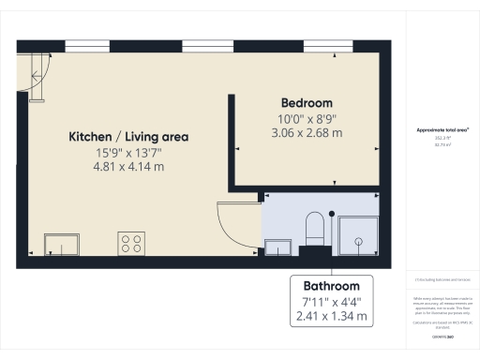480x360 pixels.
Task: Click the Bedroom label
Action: [307, 102]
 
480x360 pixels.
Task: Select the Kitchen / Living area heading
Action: [128, 137]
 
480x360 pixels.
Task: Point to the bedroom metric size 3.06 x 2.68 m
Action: [307, 133]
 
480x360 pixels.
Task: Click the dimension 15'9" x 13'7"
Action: [128, 152]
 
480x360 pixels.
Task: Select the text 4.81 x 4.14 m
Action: [128, 167]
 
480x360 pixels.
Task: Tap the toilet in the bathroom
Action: [315, 229]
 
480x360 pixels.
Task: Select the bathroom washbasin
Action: [277, 247]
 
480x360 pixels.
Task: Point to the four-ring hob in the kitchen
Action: [131, 244]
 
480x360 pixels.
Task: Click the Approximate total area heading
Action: [442, 130]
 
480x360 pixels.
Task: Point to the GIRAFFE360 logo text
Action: [442, 335]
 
